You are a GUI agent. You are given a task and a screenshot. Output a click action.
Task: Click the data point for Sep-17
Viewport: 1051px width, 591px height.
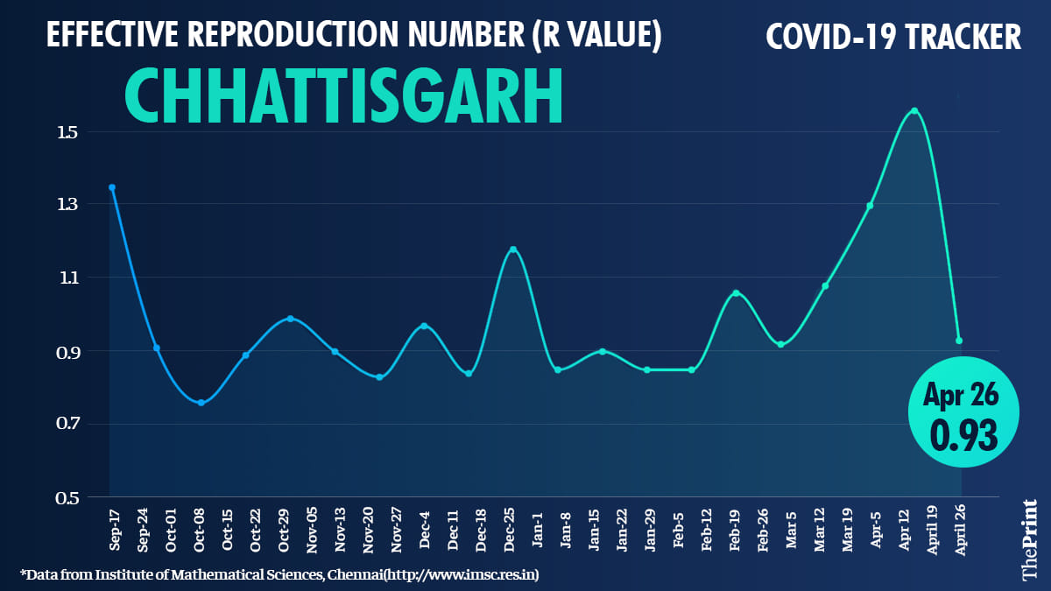tap(112, 187)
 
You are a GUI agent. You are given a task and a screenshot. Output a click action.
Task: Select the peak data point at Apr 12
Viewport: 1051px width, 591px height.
tap(914, 110)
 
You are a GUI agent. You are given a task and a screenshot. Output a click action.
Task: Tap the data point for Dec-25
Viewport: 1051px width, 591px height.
tap(513, 250)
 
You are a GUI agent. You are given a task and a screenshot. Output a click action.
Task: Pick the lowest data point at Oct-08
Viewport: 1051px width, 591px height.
tap(201, 403)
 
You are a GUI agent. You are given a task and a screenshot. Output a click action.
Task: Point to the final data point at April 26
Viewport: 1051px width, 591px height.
tap(959, 341)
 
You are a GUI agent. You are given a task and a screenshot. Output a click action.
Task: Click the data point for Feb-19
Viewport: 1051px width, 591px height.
tap(736, 292)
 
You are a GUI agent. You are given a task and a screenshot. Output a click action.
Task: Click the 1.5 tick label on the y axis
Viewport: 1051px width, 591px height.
tap(68, 132)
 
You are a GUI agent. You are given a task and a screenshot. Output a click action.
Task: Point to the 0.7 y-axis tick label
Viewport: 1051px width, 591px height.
tap(68, 425)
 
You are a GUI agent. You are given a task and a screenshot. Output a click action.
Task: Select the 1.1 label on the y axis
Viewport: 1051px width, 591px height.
tap(68, 278)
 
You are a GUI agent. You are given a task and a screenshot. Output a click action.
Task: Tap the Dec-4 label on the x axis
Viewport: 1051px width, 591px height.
tap(425, 529)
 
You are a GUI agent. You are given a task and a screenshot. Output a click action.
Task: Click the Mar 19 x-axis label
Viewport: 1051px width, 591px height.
tap(848, 530)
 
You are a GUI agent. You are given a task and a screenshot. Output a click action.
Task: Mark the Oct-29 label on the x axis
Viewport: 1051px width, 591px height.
tap(285, 529)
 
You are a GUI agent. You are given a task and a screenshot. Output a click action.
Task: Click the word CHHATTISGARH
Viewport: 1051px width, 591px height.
tap(343, 96)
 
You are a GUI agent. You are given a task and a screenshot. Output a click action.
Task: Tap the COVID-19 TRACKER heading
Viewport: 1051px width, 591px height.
tap(893, 38)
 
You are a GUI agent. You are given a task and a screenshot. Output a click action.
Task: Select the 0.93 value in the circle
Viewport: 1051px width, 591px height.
tap(963, 435)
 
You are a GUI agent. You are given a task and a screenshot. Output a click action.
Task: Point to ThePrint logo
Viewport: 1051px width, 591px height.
tap(1030, 539)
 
